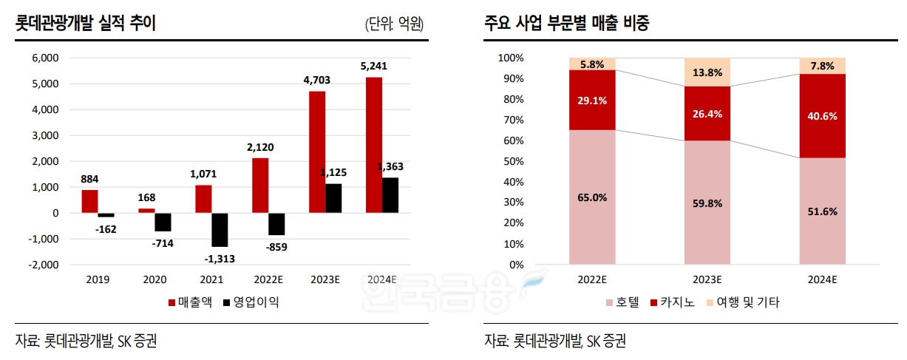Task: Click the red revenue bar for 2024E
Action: (374, 145)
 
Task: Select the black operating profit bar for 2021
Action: (220, 230)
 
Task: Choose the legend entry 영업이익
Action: (255, 302)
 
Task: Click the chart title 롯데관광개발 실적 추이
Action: (86, 23)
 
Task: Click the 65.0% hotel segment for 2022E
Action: (592, 197)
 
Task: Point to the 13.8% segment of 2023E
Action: (707, 72)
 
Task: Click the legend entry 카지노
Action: (673, 302)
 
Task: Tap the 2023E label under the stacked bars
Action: (707, 280)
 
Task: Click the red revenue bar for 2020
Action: (146, 211)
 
